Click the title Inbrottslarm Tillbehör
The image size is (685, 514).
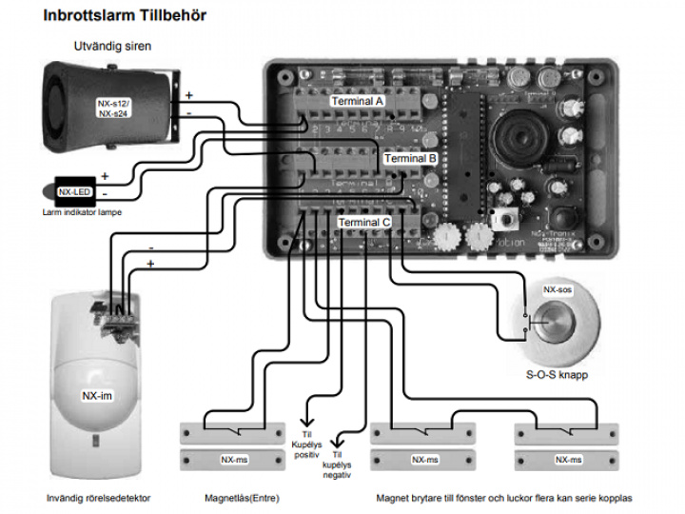125,16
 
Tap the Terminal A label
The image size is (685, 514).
357,100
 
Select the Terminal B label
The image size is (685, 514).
411,158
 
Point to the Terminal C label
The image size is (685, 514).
364,223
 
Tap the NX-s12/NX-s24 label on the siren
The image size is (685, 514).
115,108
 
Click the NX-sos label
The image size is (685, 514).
558,287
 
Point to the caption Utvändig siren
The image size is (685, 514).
113,45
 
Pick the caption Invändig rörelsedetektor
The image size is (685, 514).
99,497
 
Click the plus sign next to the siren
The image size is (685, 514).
188,95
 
